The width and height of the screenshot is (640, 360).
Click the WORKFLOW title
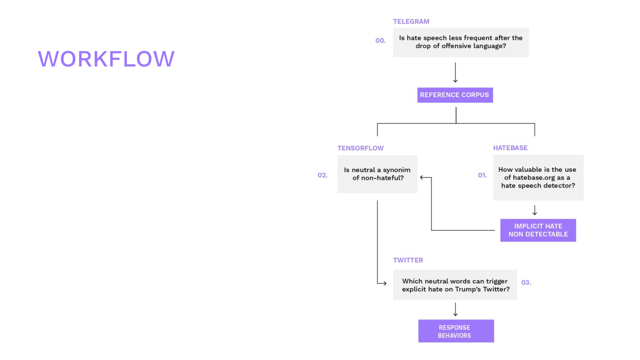[x=106, y=59]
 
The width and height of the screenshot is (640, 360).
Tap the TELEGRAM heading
[x=411, y=22]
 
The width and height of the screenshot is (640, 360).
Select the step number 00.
[x=380, y=40]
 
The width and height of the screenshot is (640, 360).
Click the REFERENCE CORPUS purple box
[x=455, y=95]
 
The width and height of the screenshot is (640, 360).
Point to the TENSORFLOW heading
[x=360, y=148]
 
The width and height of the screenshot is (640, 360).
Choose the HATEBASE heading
[x=510, y=148]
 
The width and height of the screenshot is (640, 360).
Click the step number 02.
[x=322, y=175]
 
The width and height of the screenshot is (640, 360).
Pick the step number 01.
[x=482, y=175]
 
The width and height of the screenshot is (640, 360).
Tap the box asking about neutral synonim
[x=377, y=174]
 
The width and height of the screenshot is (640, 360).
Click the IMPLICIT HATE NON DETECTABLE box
[x=538, y=230]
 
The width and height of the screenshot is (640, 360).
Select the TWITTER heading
[x=408, y=260]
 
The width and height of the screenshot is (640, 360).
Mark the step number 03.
[x=526, y=283]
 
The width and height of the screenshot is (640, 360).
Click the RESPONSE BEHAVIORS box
[x=456, y=331]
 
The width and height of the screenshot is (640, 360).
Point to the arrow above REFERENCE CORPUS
[x=455, y=73]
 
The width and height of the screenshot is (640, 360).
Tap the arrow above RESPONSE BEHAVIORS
[x=455, y=309]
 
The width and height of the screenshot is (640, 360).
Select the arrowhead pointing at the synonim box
[x=422, y=178]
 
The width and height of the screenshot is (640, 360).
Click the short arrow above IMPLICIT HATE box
[x=535, y=210]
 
